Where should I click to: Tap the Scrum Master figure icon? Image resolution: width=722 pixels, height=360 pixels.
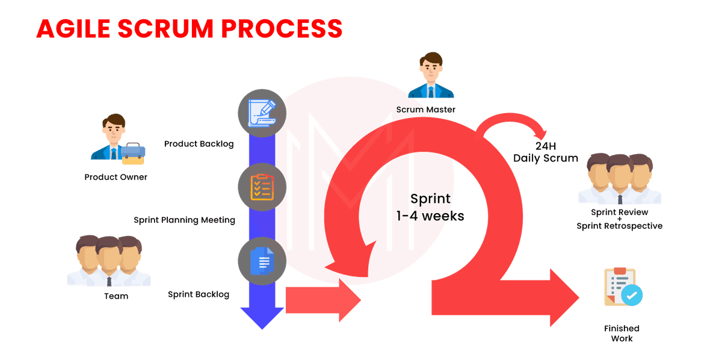tap(431, 77)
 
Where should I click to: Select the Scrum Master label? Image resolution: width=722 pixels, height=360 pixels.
tap(426, 110)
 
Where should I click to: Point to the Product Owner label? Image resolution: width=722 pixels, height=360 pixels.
tap(116, 178)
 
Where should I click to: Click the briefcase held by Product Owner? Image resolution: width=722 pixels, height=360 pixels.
tap(133, 154)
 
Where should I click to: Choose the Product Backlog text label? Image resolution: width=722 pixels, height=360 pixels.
tap(199, 144)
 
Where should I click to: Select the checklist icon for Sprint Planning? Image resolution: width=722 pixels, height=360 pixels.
tap(262, 187)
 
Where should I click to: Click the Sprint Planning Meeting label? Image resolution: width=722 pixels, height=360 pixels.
tap(184, 220)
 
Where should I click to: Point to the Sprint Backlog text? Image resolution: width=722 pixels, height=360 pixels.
tap(199, 294)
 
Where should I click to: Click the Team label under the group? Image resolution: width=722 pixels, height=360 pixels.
tap(116, 296)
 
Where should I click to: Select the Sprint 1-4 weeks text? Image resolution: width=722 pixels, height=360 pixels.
tap(430, 208)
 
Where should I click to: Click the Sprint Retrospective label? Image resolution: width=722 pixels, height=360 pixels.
tap(620, 226)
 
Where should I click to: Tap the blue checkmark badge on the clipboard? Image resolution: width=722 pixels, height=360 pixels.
tap(632, 294)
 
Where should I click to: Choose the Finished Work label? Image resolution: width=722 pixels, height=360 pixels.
tap(622, 334)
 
